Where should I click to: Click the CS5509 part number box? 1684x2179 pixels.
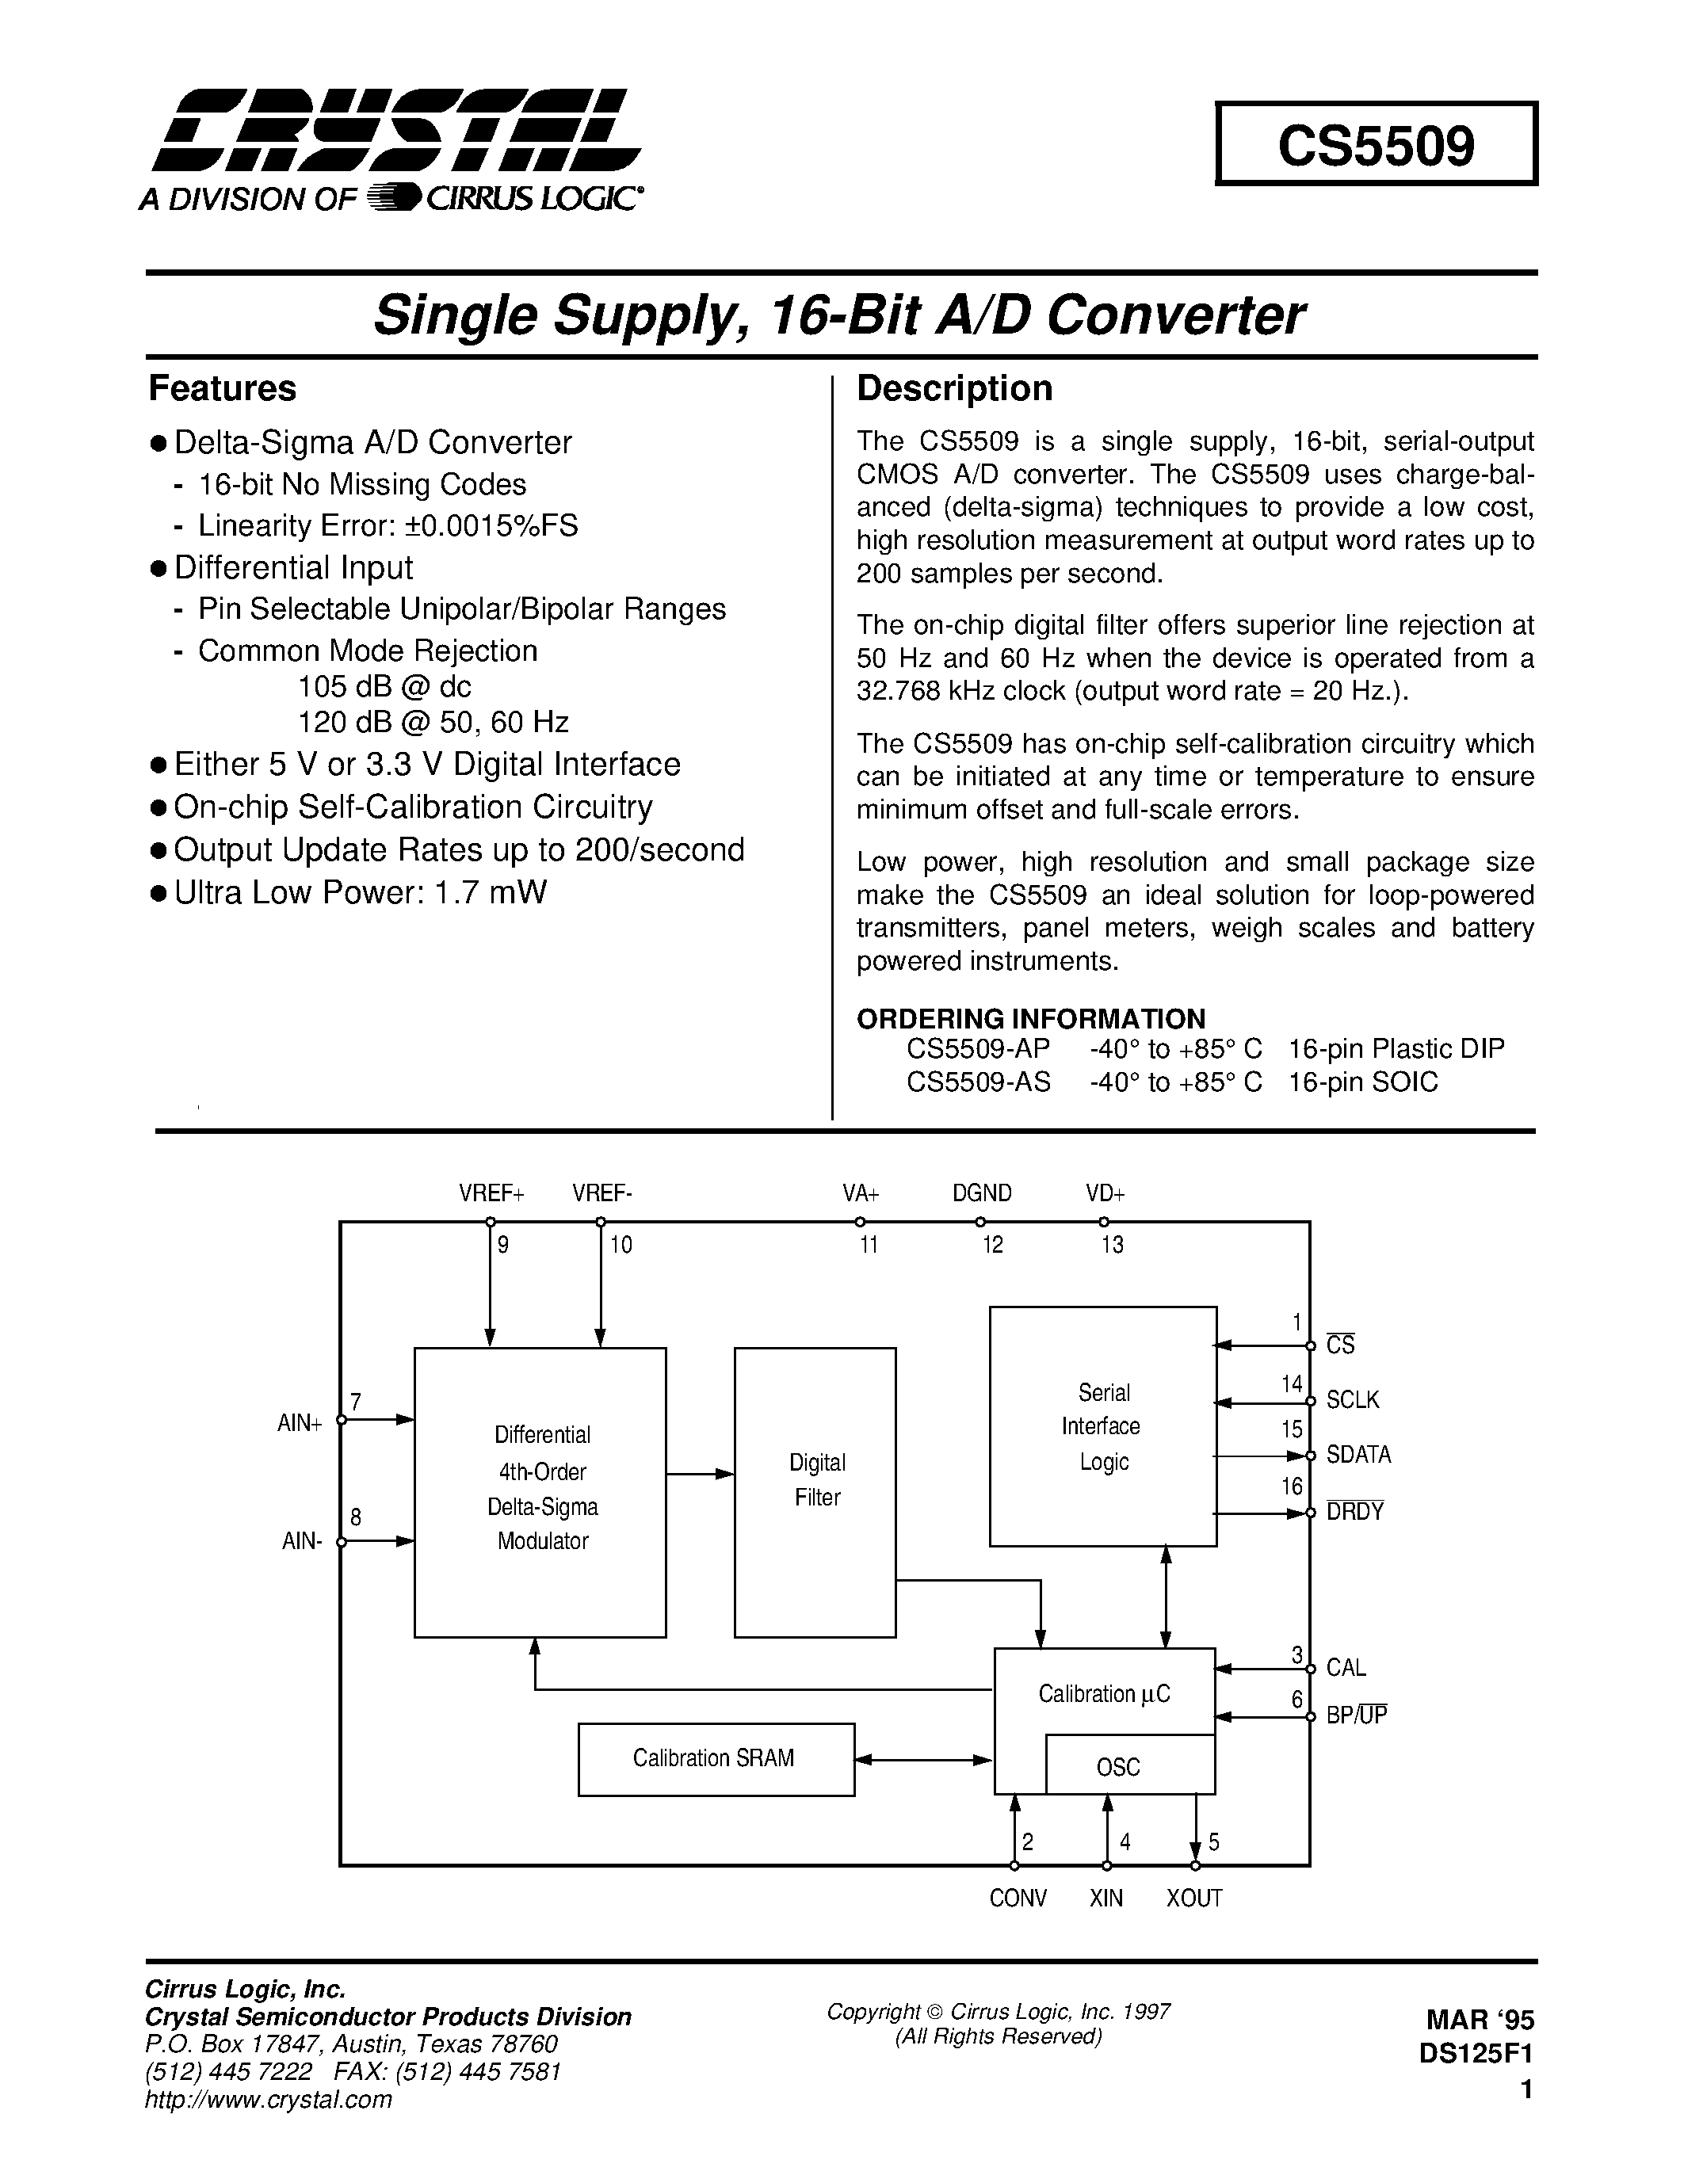click(1376, 143)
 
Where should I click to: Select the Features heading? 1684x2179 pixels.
click(223, 388)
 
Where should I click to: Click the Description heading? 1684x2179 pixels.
click(955, 388)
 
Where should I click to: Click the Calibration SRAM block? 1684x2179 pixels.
click(716, 1758)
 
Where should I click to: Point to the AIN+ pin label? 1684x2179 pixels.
click(300, 1424)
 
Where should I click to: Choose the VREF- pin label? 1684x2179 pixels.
click(601, 1193)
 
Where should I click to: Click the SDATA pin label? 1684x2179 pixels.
click(1358, 1455)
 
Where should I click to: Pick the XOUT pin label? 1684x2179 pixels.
click(1194, 1898)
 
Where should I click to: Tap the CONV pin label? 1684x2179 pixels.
click(1018, 1898)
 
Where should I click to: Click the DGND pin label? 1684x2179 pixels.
click(982, 1193)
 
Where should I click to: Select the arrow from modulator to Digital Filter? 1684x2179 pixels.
click(701, 1474)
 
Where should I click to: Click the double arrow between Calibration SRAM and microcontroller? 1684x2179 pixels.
click(925, 1761)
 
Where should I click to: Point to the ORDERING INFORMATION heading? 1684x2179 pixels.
click(1030, 1019)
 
